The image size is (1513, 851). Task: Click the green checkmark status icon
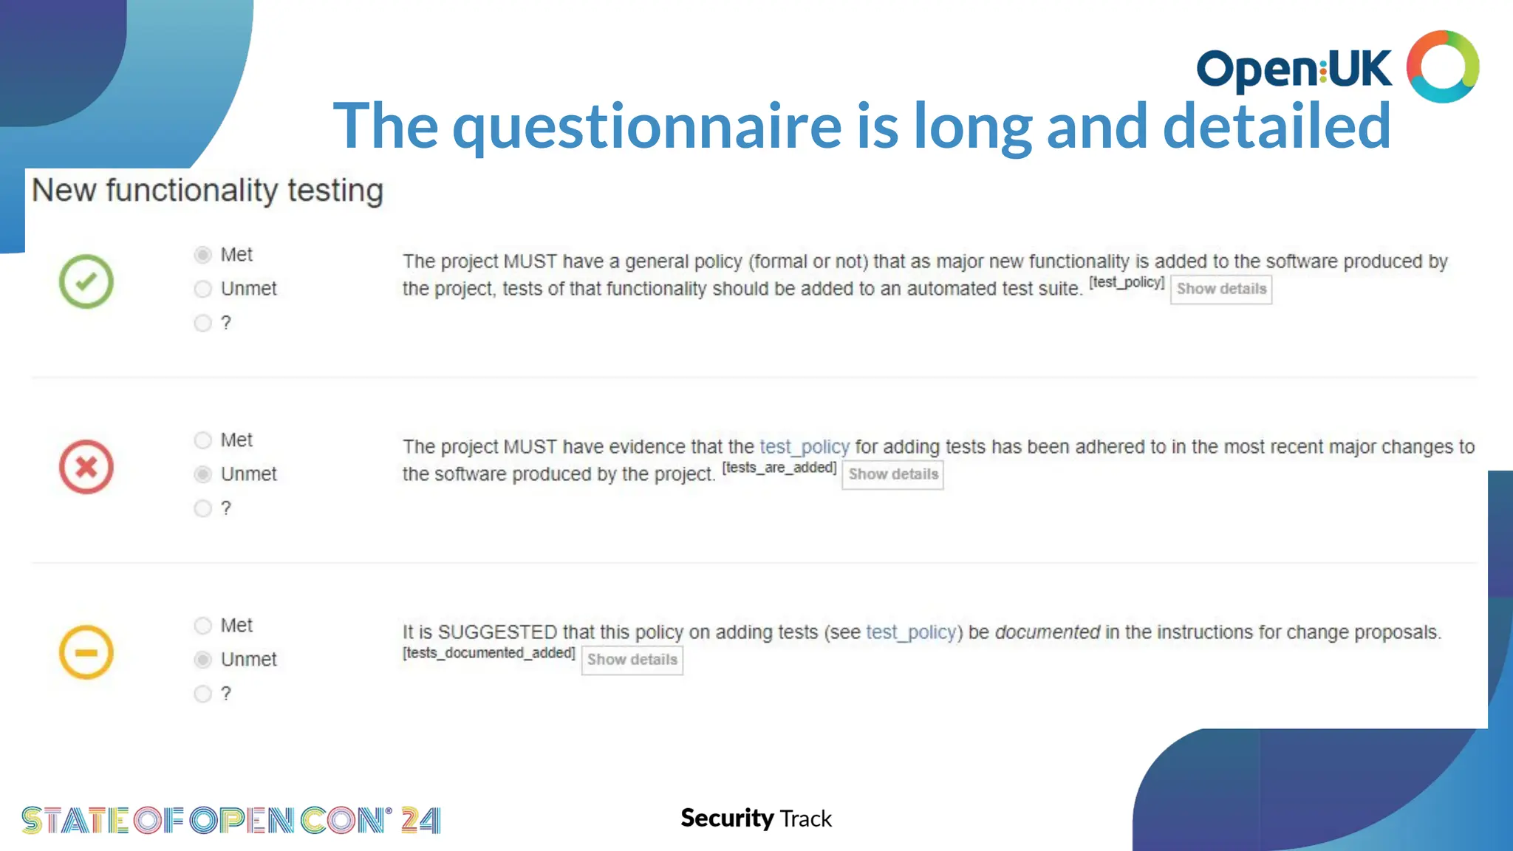pos(86,281)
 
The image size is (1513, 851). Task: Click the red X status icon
pos(86,467)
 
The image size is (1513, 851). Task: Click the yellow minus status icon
pos(86,652)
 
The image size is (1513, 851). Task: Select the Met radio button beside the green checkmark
pos(203,255)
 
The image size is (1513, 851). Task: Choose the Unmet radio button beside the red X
pos(203,474)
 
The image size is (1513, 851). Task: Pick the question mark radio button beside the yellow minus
pos(203,694)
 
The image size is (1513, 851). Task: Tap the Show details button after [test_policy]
pos(1221,289)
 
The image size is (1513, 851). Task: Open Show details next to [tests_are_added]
pos(892,474)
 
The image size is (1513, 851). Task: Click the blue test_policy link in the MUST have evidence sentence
pos(805,447)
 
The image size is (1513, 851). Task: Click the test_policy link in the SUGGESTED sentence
pos(911,632)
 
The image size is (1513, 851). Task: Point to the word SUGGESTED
pos(497,632)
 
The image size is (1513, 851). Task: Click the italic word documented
pos(1047,632)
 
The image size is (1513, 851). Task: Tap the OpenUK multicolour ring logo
pos(1442,66)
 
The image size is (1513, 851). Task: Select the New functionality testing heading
pos(208,191)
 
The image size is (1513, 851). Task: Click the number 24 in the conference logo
pos(420,820)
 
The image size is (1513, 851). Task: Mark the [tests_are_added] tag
pos(779,468)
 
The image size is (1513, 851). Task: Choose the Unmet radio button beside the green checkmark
pos(203,289)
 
